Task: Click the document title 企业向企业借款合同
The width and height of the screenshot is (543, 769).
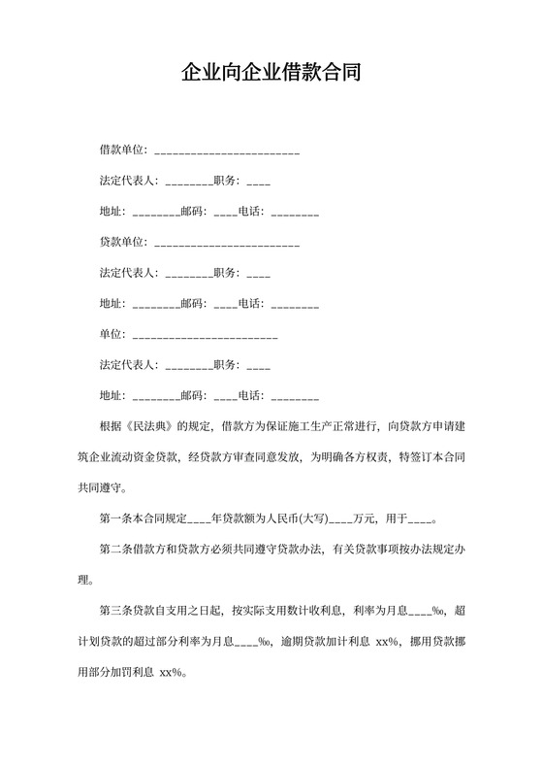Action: (x=271, y=73)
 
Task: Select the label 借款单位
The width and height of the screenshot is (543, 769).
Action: (x=121, y=150)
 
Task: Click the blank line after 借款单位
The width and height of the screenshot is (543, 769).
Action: (x=227, y=150)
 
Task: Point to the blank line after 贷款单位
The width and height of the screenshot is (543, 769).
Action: (x=227, y=243)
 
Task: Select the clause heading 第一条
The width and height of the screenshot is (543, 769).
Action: (x=117, y=518)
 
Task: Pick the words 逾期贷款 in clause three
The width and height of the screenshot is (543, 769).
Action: (x=303, y=641)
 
